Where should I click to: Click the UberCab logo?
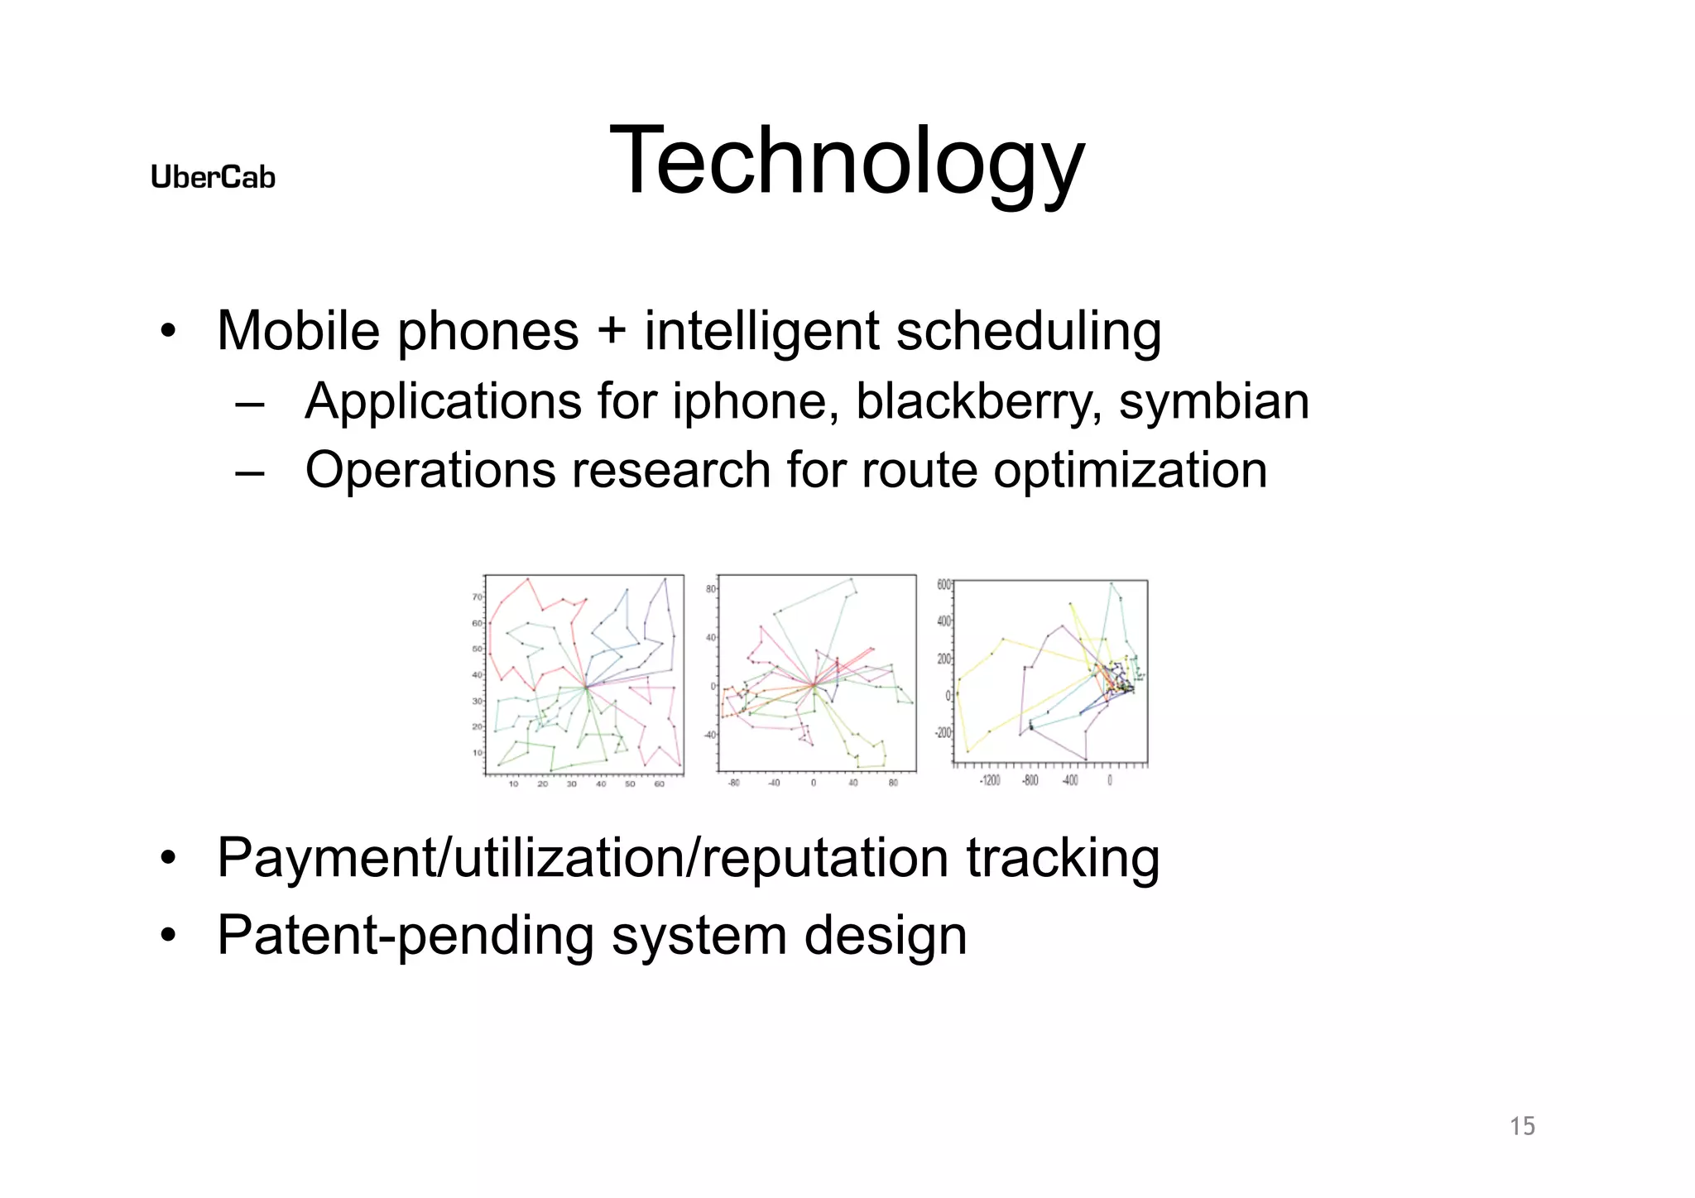pyautogui.click(x=213, y=177)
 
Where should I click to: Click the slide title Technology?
pyautogui.click(x=846, y=162)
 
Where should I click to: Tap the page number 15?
pyautogui.click(x=1522, y=1126)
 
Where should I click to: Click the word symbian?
pyautogui.click(x=1213, y=403)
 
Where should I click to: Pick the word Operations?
pyautogui.click(x=430, y=472)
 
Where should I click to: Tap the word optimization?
pyautogui.click(x=1130, y=472)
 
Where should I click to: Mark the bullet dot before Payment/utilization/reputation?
pyautogui.click(x=168, y=858)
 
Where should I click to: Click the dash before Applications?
pyautogui.click(x=249, y=405)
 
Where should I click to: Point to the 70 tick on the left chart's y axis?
pyautogui.click(x=478, y=597)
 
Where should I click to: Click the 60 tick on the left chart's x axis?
pyautogui.click(x=660, y=783)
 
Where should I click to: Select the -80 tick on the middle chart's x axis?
pyautogui.click(x=733, y=783)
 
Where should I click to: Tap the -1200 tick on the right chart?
pyautogui.click(x=990, y=781)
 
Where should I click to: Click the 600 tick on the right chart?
pyautogui.click(x=944, y=584)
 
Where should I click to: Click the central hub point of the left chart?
pyautogui.click(x=586, y=687)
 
